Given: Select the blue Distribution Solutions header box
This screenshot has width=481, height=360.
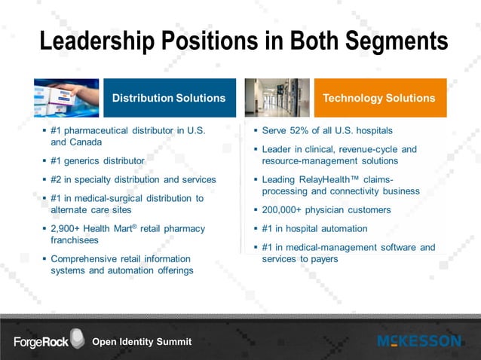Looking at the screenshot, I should pos(169,98).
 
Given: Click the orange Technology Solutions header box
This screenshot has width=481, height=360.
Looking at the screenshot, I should pos(378,98).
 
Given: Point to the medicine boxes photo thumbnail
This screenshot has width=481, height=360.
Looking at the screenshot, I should pos(66,98).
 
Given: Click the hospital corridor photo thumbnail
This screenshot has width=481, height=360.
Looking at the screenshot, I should pos(277,98).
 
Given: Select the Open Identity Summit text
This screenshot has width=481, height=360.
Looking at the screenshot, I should pos(142,342).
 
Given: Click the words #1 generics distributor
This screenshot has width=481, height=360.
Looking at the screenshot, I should pos(97,160).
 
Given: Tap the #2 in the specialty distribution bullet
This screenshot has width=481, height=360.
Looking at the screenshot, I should pos(57,179).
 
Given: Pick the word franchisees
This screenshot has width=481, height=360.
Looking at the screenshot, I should pos(74,239).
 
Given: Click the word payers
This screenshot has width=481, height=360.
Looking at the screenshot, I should pos(323,259).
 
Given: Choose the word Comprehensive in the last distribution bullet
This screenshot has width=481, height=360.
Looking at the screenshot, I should pos(84,259).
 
